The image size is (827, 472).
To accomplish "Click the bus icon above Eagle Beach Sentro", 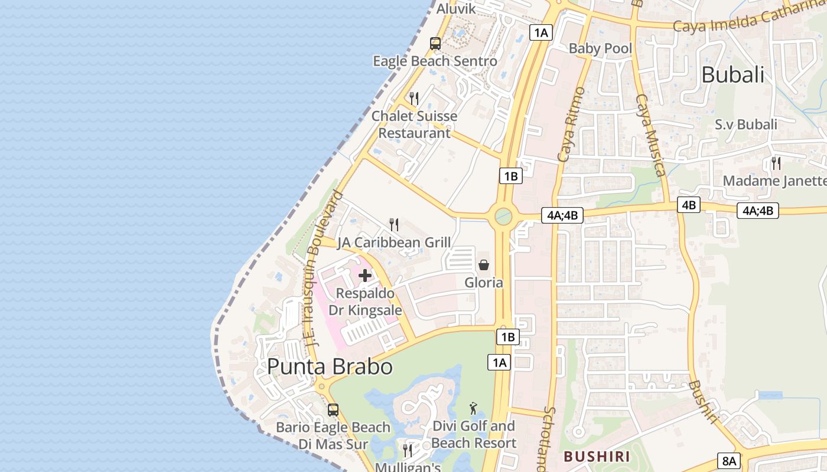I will (435, 43).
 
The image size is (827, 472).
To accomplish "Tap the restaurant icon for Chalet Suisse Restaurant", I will (414, 98).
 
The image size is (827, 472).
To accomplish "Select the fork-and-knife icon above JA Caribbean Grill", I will (394, 224).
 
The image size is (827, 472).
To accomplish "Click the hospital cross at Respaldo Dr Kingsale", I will (365, 275).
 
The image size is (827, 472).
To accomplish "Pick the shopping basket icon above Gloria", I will (484, 265).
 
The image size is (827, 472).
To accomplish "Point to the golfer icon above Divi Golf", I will (473, 408).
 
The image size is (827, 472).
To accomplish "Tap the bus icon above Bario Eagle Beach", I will (333, 410).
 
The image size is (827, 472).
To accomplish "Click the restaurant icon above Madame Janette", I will (776, 163).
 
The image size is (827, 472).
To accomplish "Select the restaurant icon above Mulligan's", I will (408, 451).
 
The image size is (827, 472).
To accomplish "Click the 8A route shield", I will (730, 461).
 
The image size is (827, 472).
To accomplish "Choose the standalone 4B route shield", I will (689, 205).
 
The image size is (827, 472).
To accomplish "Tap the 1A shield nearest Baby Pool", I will (541, 32).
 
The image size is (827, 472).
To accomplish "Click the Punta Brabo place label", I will (330, 366).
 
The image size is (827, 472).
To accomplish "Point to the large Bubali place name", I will (732, 75).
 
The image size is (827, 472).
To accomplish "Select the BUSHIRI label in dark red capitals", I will (597, 456).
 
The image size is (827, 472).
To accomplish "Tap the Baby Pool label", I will (600, 48).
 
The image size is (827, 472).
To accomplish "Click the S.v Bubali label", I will (746, 124).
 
